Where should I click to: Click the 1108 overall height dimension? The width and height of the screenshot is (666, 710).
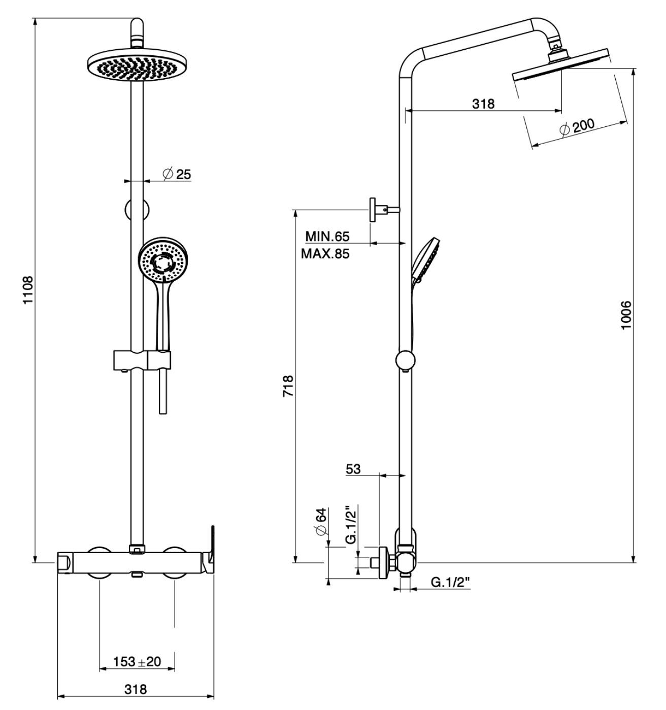click(x=28, y=290)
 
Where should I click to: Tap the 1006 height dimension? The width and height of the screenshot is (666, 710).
click(x=626, y=315)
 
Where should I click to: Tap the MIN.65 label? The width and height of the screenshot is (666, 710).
click(x=327, y=236)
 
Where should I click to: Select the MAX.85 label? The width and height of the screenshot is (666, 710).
click(x=325, y=253)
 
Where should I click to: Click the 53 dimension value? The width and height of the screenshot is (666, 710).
click(x=353, y=469)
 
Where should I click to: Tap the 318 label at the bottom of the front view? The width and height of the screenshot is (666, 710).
click(x=136, y=689)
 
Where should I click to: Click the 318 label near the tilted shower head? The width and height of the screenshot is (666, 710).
click(x=483, y=104)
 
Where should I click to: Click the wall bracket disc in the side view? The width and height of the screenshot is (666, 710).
click(x=372, y=209)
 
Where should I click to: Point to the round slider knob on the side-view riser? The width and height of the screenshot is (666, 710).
click(x=405, y=360)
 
